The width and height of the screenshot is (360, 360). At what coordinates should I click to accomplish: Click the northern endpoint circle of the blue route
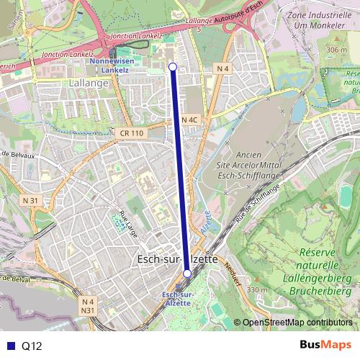pos(172,67)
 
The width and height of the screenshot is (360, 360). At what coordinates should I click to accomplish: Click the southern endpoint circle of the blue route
pos(187,273)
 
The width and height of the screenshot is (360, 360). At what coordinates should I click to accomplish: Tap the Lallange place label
pos(89,83)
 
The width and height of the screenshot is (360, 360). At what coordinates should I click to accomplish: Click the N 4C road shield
pos(189,120)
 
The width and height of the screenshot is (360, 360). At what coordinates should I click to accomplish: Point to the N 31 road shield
pos(30,199)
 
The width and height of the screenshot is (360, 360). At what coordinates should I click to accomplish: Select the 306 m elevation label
pos(336,49)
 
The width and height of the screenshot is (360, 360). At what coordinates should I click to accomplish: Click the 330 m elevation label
pos(257,289)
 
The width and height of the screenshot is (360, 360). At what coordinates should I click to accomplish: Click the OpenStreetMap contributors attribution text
pos(297,323)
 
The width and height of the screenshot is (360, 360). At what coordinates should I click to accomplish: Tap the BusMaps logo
pos(322,346)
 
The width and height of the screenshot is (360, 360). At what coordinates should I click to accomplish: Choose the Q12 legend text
pos(32,346)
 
